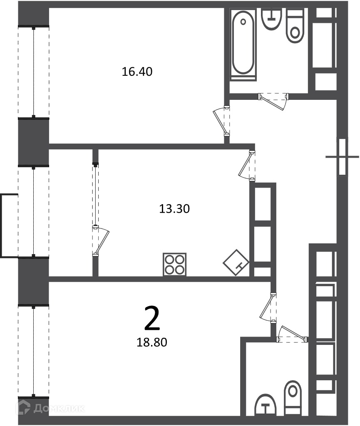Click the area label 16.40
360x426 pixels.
click(x=137, y=72)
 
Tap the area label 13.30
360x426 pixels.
click(x=174, y=209)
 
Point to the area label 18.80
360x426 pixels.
click(x=151, y=342)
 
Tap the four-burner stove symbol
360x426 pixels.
click(x=175, y=264)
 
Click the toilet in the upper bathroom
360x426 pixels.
click(x=295, y=26)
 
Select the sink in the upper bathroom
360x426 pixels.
click(x=271, y=19)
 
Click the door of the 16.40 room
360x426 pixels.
click(x=221, y=121)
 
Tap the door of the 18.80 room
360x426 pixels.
click(x=268, y=308)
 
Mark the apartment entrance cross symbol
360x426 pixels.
click(x=343, y=157)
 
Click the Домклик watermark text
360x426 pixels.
click(x=59, y=409)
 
